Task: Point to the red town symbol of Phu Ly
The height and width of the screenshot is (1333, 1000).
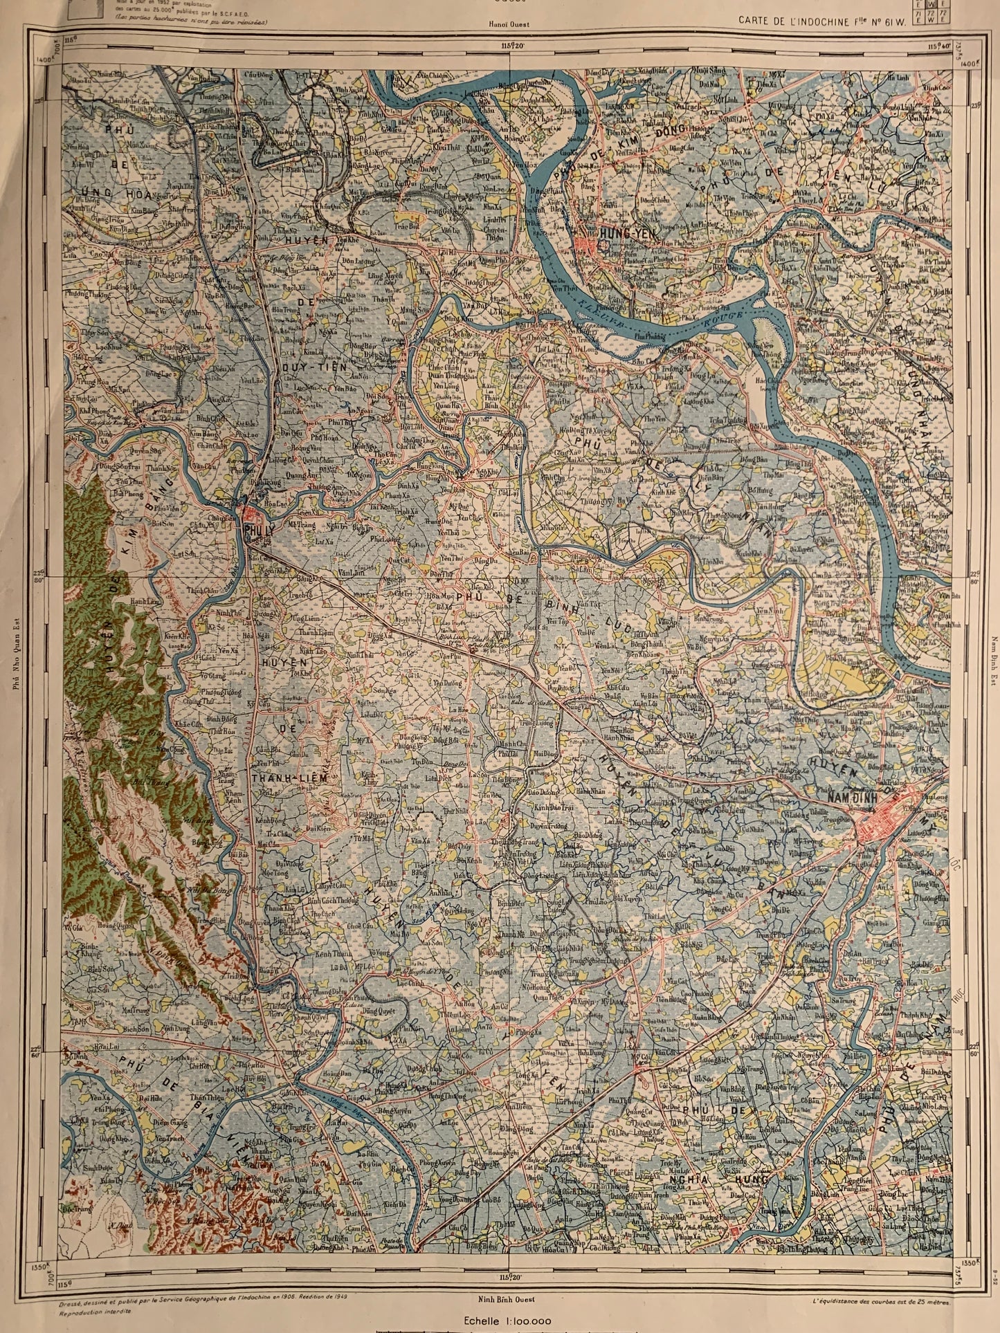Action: coord(249,515)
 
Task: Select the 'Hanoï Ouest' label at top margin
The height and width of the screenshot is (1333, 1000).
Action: coord(510,24)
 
